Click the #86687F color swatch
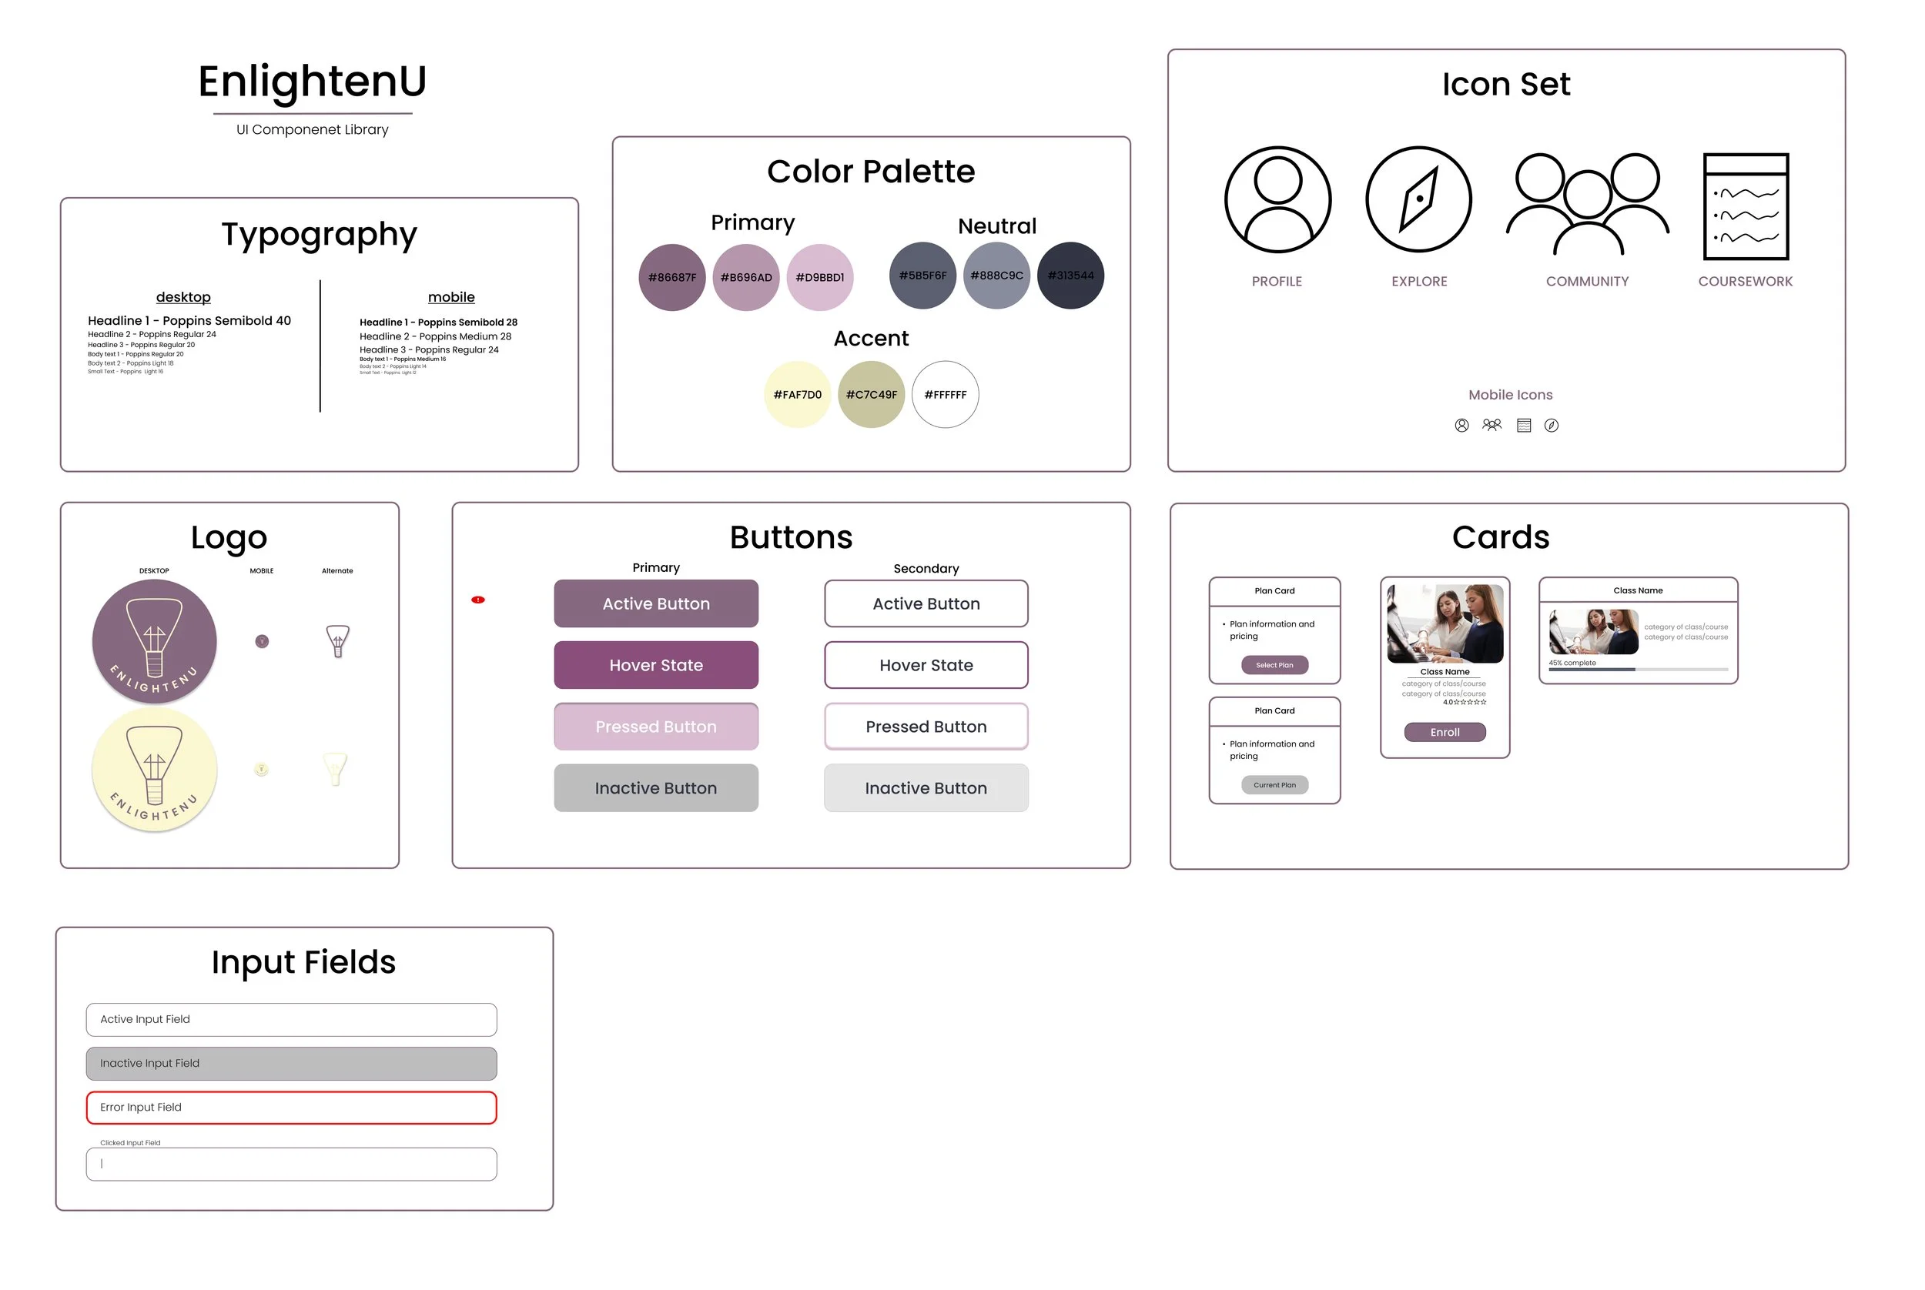671,277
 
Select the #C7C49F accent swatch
871,395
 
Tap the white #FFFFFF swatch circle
945,395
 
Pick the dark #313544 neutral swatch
1070,276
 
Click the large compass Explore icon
1418,199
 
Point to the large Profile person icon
1277,199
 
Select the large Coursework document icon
1745,206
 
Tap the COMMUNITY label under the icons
1586,282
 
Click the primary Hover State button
655,665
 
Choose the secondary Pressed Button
926,727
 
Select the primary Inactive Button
655,788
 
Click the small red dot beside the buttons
478,600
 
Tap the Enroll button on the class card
1445,732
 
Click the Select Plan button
1274,665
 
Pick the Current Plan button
1274,785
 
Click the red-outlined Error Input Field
291,1108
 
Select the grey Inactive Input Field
291,1063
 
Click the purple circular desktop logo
155,642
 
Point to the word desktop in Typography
183,297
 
